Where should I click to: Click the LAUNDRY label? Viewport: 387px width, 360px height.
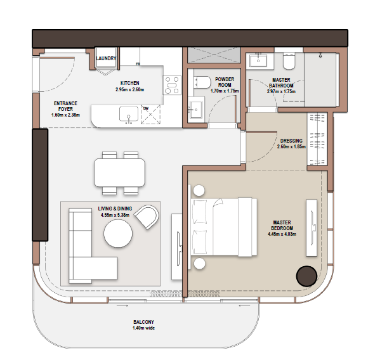[x=106, y=58]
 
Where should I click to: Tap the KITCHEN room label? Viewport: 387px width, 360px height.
[x=130, y=83]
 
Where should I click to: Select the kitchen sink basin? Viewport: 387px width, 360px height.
[x=129, y=114]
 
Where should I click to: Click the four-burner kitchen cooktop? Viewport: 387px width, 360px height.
[x=172, y=85]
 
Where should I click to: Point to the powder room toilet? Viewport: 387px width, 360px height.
[x=202, y=82]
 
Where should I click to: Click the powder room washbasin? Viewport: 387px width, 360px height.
[x=196, y=110]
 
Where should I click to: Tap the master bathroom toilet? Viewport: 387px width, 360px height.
[x=289, y=61]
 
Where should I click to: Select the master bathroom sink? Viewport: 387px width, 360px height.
[x=258, y=60]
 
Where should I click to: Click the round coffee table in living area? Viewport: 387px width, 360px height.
[x=118, y=233]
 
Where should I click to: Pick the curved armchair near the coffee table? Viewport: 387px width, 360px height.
[x=147, y=217]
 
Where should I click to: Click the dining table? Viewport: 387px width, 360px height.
[x=119, y=172]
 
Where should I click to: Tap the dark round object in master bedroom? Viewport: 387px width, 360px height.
[x=306, y=276]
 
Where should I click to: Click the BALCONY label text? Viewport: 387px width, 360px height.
[x=143, y=322]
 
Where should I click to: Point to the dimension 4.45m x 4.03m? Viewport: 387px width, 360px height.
[x=282, y=234]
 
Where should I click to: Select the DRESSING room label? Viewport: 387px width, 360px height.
[x=291, y=141]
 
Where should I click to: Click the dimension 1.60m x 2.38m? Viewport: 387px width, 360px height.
[x=65, y=115]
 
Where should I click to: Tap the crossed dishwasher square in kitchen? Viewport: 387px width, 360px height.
[x=150, y=115]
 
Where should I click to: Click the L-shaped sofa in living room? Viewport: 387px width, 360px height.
[x=93, y=246]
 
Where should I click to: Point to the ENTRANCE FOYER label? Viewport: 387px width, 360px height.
[x=65, y=106]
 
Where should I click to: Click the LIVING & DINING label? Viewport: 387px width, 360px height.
[x=115, y=209]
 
